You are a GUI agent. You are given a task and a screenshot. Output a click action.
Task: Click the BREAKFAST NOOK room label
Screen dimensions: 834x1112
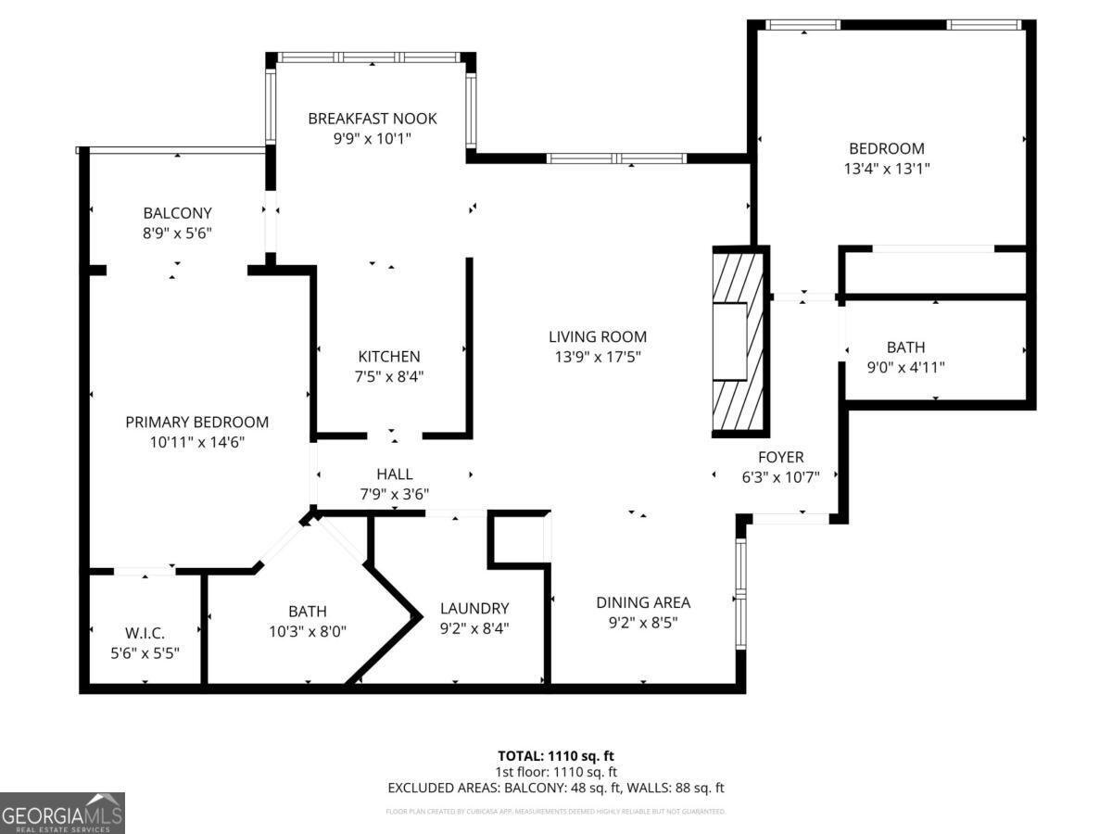(x=372, y=119)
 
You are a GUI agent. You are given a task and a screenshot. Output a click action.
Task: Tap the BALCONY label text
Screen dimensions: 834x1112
(x=177, y=213)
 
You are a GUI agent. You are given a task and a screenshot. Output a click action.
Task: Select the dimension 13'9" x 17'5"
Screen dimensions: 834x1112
(x=597, y=356)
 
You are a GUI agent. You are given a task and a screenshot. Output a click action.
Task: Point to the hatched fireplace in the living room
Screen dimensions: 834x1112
(x=739, y=341)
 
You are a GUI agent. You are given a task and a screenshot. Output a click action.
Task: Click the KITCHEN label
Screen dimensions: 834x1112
(x=389, y=357)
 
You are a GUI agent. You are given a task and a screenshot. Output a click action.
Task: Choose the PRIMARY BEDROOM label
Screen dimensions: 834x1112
(x=196, y=423)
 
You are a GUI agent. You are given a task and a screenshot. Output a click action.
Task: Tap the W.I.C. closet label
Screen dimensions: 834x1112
(x=145, y=633)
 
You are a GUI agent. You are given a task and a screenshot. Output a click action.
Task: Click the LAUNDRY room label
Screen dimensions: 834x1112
(x=474, y=609)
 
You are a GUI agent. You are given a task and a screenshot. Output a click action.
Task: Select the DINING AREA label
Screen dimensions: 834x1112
(x=643, y=602)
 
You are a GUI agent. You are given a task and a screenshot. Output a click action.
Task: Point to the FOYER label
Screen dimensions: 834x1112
(x=780, y=457)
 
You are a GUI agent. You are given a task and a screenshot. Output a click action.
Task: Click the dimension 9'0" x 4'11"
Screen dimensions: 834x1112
(x=905, y=367)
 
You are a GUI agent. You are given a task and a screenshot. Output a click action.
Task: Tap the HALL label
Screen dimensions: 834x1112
(x=394, y=474)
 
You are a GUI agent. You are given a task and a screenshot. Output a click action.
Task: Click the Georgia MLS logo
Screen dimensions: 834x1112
(x=62, y=813)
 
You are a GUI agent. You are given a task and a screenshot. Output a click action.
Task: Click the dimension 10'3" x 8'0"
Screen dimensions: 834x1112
(x=306, y=631)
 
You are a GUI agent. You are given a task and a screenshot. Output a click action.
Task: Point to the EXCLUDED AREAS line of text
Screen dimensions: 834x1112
(x=555, y=788)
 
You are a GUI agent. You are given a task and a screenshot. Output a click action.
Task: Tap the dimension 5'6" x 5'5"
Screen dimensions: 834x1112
(x=145, y=652)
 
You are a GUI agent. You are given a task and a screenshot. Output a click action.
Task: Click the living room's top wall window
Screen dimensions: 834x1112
(x=616, y=158)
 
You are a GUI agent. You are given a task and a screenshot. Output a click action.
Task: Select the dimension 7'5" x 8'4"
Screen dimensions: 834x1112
(x=389, y=376)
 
